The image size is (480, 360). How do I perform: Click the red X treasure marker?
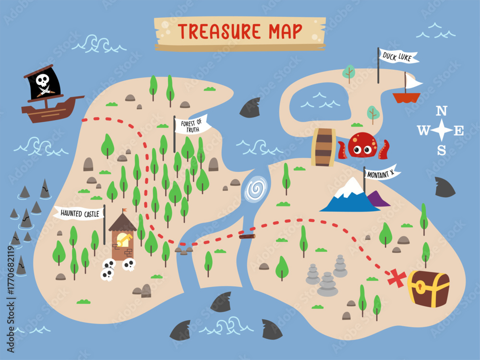(397, 278)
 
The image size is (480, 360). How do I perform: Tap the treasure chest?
(429, 288)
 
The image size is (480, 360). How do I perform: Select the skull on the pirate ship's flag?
(42, 80)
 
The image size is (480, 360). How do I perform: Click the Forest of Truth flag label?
(192, 126)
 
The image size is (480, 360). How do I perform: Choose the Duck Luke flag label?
(399, 57)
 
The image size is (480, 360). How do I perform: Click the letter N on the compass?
(441, 112)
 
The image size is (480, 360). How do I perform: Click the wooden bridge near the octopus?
(324, 147)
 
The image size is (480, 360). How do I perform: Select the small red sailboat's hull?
(406, 97)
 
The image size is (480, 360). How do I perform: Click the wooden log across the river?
(247, 236)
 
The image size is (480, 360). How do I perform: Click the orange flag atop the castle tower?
(125, 211)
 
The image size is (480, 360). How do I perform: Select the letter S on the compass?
(441, 150)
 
